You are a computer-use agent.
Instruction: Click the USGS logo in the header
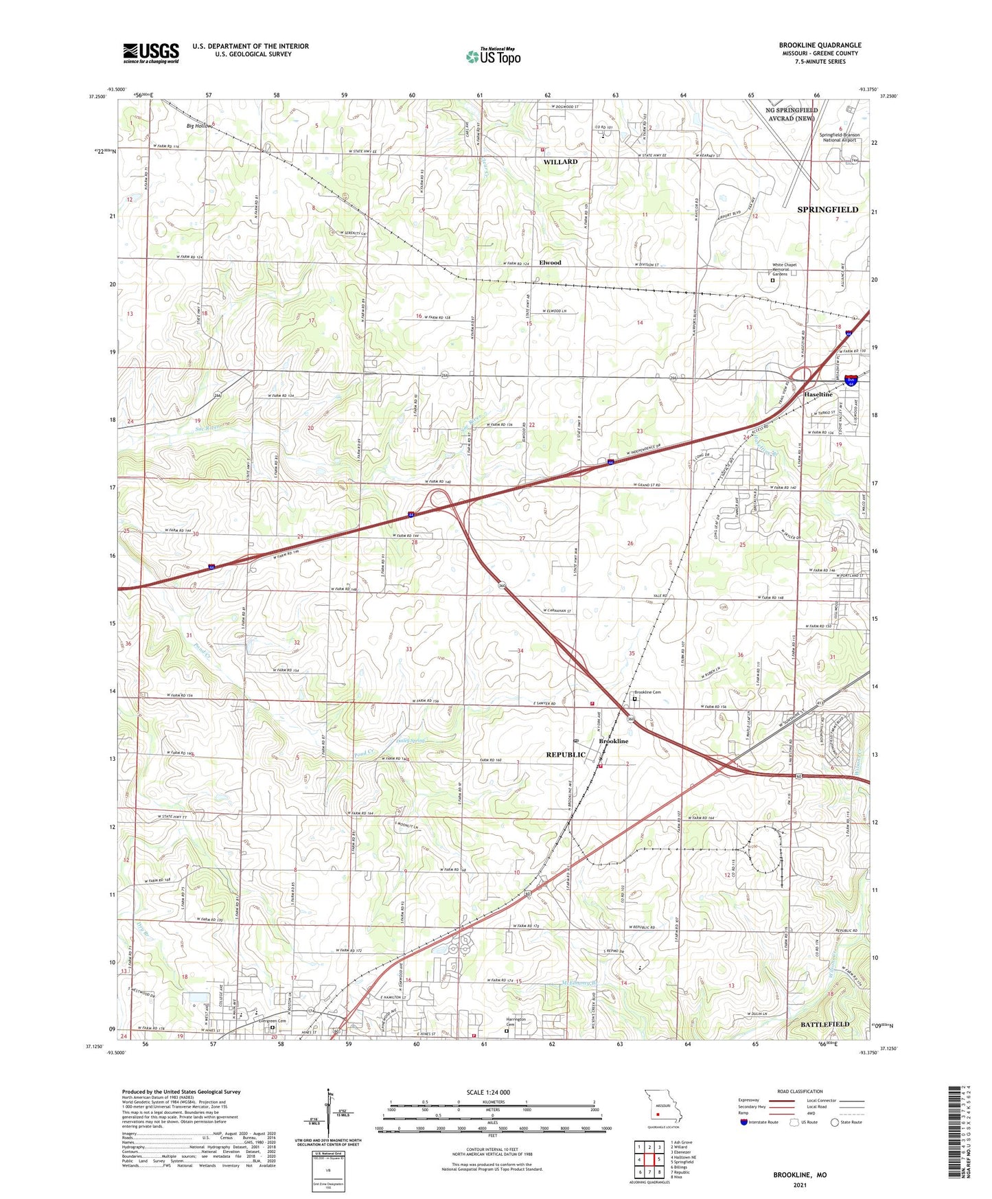[x=151, y=53]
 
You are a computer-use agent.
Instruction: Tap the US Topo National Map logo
[x=492, y=56]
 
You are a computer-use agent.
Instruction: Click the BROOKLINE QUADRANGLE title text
[x=820, y=45]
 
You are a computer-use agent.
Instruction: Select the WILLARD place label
[x=560, y=162]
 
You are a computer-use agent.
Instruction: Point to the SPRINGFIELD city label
[x=827, y=209]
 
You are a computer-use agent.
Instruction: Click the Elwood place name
[x=550, y=262]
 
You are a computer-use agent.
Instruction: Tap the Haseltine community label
[x=818, y=395]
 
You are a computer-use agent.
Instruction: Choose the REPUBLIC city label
[x=566, y=755]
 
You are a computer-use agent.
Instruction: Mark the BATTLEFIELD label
[x=824, y=1024]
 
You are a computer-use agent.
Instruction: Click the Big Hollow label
[x=199, y=126]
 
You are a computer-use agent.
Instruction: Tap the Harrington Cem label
[x=516, y=1021]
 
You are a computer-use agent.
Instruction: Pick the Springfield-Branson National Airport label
[x=839, y=137]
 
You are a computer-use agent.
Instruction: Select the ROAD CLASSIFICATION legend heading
[x=800, y=1091]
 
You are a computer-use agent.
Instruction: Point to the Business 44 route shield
[x=851, y=379]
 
